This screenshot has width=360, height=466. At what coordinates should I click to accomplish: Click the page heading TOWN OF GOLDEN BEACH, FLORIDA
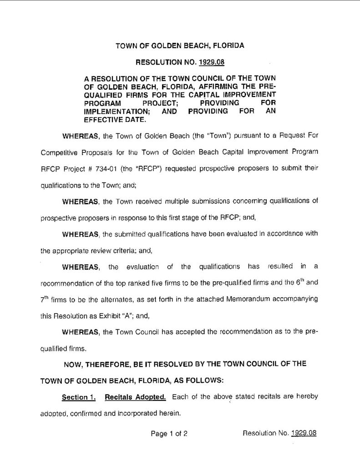point(180,46)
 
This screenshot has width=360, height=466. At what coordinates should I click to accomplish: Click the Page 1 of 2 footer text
point(169,433)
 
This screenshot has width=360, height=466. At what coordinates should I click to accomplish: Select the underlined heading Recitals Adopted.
point(135,397)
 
